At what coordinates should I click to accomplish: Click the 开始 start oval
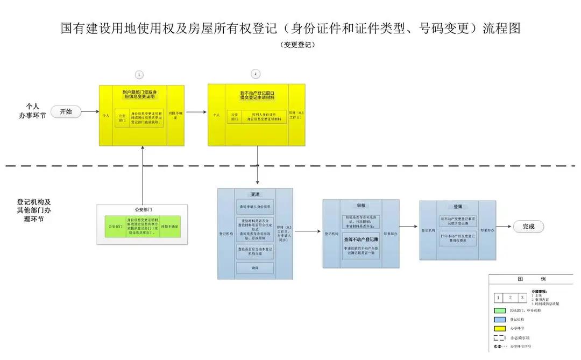point(66,111)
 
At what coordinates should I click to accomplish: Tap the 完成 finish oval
point(528,227)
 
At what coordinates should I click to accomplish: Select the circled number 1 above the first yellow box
point(139,74)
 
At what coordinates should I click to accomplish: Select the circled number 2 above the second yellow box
point(256,74)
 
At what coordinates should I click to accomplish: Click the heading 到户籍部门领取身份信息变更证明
point(139,94)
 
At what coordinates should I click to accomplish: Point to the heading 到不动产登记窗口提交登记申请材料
point(257,95)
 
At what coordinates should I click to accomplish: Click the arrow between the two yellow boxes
point(196,112)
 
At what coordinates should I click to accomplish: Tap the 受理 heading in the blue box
point(255,194)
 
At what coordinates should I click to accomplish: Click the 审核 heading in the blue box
point(361,206)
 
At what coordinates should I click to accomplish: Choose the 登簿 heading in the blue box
point(457,207)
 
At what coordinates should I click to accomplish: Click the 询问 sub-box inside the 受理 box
point(255,267)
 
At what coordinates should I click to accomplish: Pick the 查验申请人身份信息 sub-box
point(255,207)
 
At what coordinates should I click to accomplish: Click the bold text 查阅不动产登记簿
point(361,241)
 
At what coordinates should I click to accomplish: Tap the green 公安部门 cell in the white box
point(115,227)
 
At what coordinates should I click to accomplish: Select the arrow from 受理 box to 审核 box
point(307,231)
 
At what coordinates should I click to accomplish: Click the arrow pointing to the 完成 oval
point(505,227)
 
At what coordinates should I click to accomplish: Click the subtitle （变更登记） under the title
point(297,45)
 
